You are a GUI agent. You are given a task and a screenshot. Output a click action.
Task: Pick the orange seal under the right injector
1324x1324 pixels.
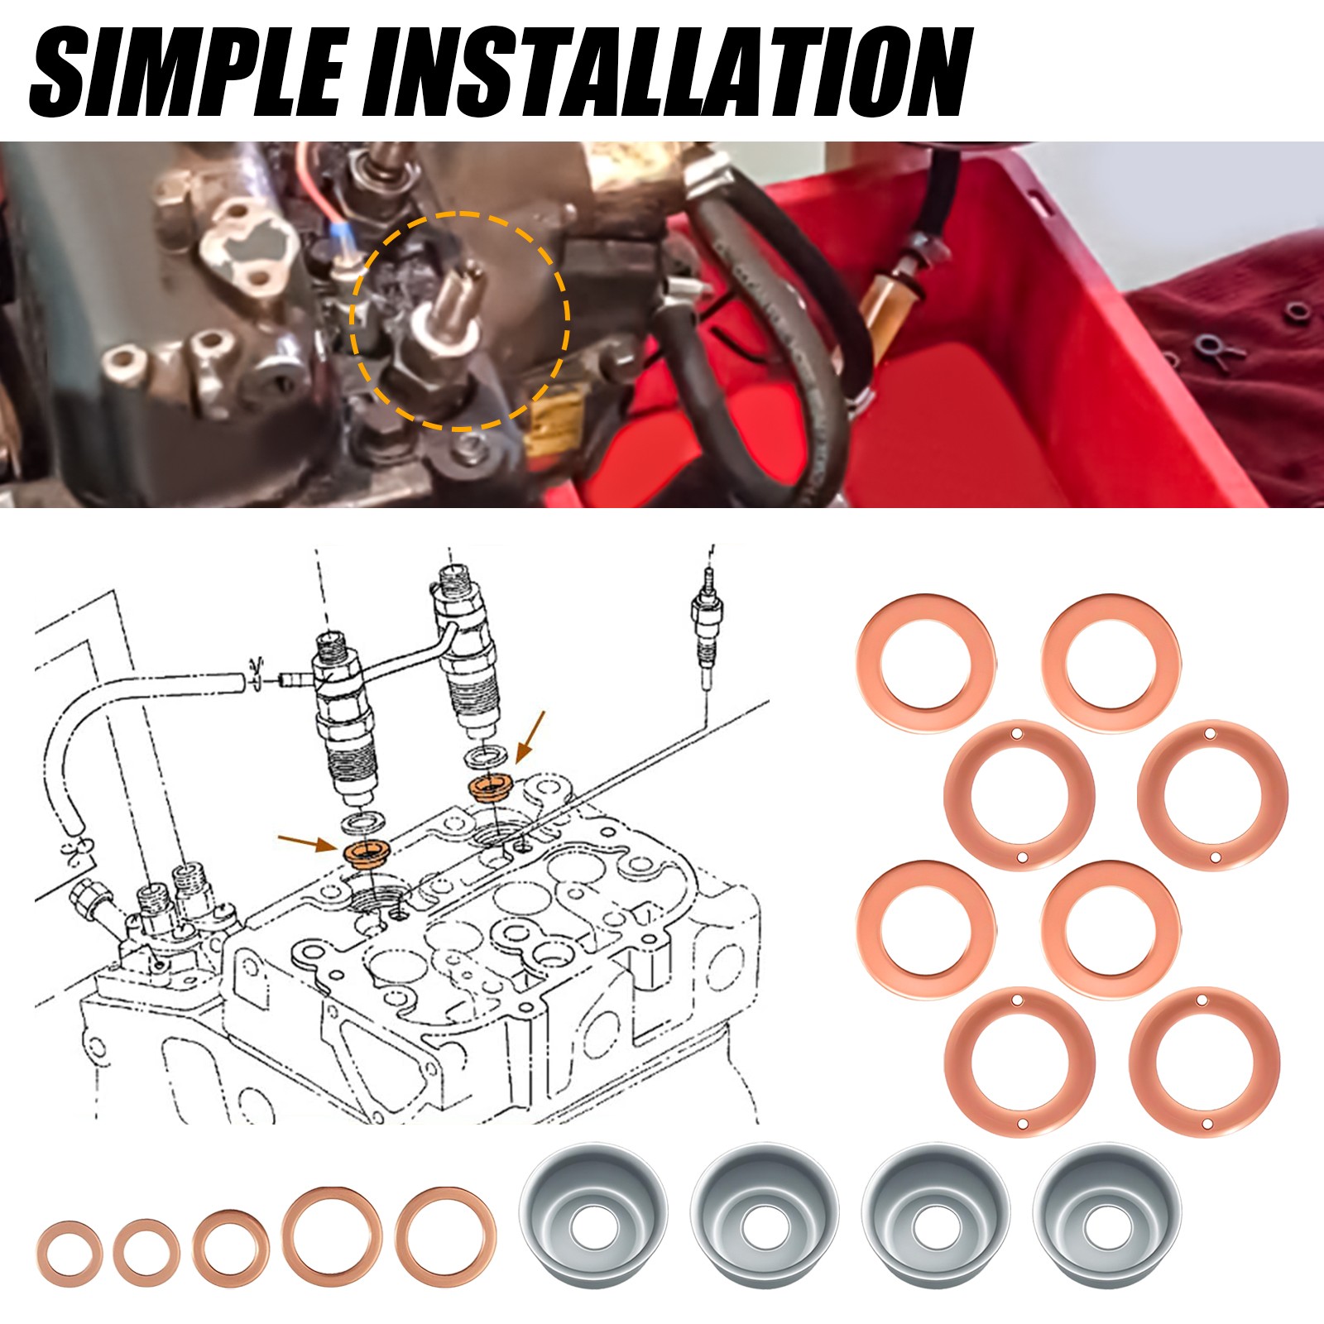click(491, 786)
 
